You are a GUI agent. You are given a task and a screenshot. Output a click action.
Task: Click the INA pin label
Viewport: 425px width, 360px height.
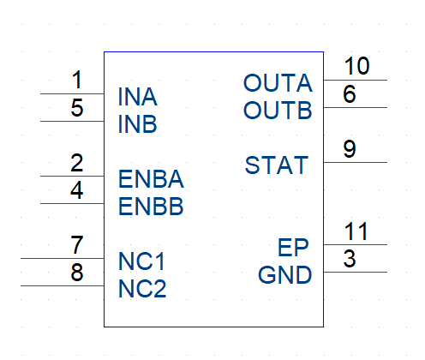click(137, 97)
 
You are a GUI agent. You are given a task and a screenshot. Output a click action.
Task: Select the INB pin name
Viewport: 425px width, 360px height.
click(137, 124)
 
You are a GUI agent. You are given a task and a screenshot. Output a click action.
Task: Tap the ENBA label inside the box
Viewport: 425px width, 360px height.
click(151, 179)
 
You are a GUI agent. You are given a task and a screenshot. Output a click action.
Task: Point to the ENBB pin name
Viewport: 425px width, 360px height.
click(151, 207)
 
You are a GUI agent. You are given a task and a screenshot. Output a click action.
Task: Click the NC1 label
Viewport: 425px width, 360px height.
click(141, 261)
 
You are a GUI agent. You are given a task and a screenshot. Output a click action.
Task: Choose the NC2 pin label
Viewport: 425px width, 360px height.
click(142, 289)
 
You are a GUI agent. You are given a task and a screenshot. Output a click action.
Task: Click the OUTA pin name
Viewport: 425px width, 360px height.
click(278, 83)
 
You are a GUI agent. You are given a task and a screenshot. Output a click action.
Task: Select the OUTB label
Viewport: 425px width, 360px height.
click(278, 111)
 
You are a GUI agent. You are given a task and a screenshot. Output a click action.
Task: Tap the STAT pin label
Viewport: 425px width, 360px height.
click(277, 165)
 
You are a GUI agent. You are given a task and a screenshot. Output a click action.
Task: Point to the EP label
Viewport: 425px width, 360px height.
click(293, 248)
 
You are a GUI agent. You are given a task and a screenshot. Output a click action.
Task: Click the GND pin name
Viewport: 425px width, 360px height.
click(284, 275)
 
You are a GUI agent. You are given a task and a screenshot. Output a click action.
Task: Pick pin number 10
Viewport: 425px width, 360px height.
click(356, 66)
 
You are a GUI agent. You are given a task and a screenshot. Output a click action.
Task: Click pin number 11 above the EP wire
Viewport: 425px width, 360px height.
click(356, 231)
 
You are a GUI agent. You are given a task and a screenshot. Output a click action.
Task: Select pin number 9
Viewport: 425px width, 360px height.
click(350, 148)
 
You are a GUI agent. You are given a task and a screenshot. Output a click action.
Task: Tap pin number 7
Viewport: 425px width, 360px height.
click(77, 245)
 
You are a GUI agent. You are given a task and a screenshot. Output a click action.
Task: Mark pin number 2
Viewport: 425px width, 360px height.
click(77, 163)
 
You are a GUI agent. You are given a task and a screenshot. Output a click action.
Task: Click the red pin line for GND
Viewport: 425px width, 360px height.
click(356, 272)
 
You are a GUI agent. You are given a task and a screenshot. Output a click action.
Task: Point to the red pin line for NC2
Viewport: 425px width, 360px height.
click(63, 285)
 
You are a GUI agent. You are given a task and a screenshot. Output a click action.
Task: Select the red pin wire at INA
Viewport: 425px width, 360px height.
click(72, 93)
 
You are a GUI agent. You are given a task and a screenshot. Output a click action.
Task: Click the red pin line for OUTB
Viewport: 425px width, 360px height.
click(356, 107)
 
